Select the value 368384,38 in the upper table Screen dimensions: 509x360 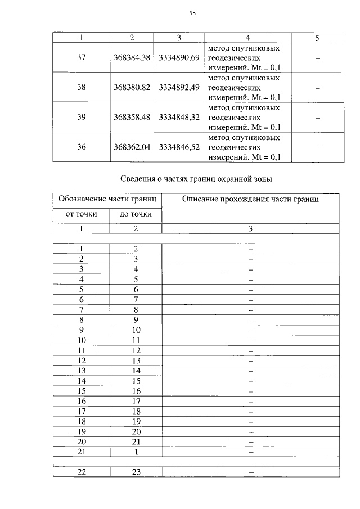coord(132,58)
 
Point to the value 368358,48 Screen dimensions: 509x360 coord(132,118)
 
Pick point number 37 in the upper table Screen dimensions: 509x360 coord(81,58)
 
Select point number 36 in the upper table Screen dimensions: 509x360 coord(81,147)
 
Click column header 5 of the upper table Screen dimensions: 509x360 coord(317,38)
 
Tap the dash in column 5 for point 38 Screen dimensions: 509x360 coord(317,88)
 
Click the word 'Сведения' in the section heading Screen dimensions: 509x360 coord(138,179)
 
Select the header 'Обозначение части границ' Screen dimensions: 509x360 coord(107,199)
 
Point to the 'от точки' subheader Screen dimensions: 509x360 coord(81,214)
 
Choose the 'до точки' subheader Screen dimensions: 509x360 coord(136,214)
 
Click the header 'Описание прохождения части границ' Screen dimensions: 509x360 coord(251,199)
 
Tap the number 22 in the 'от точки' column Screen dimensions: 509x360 coord(81,472)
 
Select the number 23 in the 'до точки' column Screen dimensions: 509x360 coord(136,472)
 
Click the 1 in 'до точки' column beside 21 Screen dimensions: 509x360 coord(136,451)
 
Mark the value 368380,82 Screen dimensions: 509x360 coord(132,88)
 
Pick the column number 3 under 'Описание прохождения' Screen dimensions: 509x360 coord(251,228)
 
